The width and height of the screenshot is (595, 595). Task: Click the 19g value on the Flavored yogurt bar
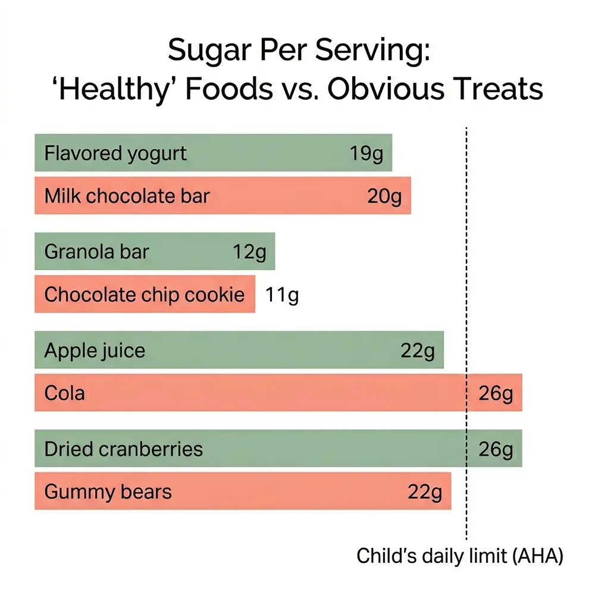coord(367,154)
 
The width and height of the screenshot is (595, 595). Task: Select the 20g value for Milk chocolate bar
coord(384,196)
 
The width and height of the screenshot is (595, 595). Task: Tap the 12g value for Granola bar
coord(249,252)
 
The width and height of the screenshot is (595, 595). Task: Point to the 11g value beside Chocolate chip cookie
coord(282,295)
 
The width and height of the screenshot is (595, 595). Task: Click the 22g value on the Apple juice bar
coord(418,350)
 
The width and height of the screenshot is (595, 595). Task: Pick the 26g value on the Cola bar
coord(496,393)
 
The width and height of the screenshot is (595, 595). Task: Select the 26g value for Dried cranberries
coord(496,449)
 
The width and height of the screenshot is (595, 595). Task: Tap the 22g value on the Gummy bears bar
coord(425,492)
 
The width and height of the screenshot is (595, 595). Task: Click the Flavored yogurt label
coord(115,154)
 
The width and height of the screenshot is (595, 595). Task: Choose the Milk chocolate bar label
coord(127,196)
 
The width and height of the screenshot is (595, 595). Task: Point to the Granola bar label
coord(96,252)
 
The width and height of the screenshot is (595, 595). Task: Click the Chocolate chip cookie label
coord(145,295)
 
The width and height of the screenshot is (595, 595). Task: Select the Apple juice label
coord(95,350)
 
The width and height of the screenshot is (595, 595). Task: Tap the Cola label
coord(64,393)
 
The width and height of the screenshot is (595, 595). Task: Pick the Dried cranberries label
coord(123,449)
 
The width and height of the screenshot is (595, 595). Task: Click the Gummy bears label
coord(108,492)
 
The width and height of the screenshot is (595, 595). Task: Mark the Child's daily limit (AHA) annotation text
coord(459,556)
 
